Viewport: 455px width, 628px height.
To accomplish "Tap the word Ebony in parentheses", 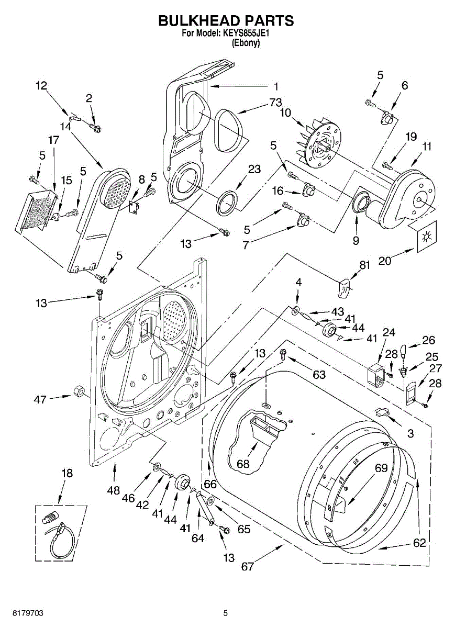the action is coord(246,43).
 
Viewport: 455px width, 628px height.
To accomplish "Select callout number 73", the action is coord(275,103).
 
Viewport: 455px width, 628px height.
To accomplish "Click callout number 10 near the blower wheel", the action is coord(285,113).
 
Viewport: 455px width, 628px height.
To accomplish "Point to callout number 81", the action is coord(364,265).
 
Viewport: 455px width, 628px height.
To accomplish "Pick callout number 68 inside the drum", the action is coord(243,464).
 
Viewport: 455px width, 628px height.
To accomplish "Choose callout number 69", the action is coord(381,468).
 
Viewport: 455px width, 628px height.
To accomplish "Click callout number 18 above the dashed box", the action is coord(67,473).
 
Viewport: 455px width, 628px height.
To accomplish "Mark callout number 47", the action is coord(40,399).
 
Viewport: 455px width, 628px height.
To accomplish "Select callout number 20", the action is coord(385,261).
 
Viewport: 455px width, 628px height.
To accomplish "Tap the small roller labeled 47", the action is coord(79,391).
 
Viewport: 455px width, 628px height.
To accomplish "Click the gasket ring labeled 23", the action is coord(227,203).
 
